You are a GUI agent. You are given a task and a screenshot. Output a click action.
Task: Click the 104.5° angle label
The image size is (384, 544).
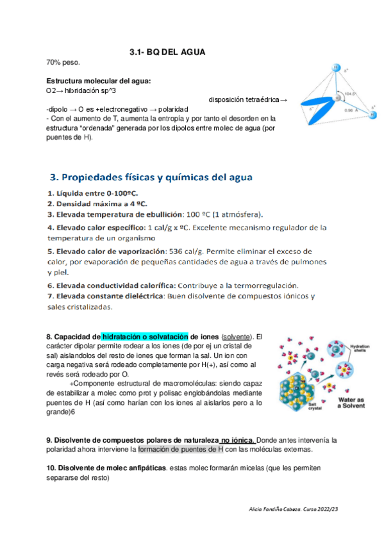click(349, 94)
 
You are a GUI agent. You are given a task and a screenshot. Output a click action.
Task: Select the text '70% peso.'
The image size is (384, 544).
click(63, 62)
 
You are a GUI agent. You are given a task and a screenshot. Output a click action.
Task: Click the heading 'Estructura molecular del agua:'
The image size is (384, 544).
click(99, 81)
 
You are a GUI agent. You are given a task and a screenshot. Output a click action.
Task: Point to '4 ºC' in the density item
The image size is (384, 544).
click(137, 203)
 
